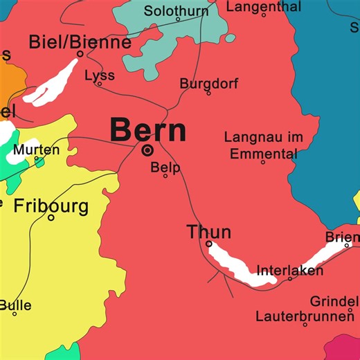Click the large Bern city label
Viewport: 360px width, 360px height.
pos(148,129)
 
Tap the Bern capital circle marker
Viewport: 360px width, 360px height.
pos(147,150)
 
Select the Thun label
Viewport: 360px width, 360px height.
pos(208,232)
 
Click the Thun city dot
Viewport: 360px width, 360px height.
pos(209,244)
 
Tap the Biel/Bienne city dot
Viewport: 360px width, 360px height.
pos(80,54)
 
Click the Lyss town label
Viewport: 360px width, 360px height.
pos(99,75)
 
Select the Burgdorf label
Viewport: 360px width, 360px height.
pos(208,83)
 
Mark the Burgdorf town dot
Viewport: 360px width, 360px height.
pos(208,93)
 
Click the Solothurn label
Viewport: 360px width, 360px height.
pos(176,10)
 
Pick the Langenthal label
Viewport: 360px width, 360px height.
pos(264,6)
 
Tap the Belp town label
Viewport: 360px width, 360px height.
pos(165,167)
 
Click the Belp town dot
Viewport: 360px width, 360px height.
pos(165,176)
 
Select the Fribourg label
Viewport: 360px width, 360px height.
pos(51,206)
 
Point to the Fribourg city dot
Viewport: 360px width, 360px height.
pos(51,217)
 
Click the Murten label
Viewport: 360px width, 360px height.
pos(37,149)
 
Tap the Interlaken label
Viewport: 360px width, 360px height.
pos(289,270)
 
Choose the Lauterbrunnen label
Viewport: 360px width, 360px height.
pos(304,316)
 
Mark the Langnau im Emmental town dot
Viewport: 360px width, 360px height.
pos(262,162)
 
